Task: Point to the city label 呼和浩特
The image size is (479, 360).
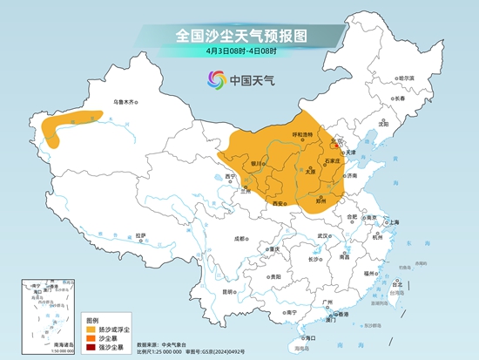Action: click(302, 135)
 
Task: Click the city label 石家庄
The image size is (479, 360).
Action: click(330, 161)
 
